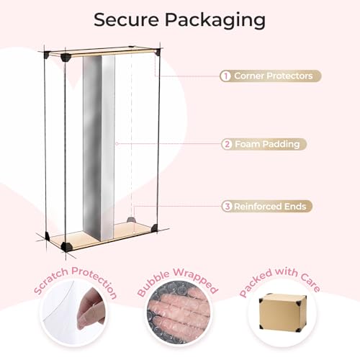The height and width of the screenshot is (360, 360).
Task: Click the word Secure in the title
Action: tap(126, 20)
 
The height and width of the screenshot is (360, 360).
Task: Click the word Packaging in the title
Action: tap(215, 21)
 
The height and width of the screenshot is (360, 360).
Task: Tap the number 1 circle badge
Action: tap(225, 76)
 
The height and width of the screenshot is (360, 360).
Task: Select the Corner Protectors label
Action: tap(274, 76)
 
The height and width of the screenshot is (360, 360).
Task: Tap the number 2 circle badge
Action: tap(227, 144)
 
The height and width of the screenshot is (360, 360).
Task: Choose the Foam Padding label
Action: tap(267, 144)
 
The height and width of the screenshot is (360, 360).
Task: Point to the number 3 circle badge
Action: tap(227, 206)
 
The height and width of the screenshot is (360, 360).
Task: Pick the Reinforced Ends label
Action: tap(270, 207)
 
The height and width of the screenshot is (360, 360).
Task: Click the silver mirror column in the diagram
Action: tap(99, 148)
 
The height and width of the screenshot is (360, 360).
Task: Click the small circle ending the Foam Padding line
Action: tap(117, 144)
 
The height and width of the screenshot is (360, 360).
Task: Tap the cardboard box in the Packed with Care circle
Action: tap(283, 312)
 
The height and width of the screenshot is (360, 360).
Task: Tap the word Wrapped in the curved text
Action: tap(196, 279)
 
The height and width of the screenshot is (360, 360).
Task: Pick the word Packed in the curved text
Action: tap(256, 283)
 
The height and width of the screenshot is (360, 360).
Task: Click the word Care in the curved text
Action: tap(310, 282)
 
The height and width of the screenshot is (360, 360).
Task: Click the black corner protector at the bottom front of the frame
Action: tap(66, 246)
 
